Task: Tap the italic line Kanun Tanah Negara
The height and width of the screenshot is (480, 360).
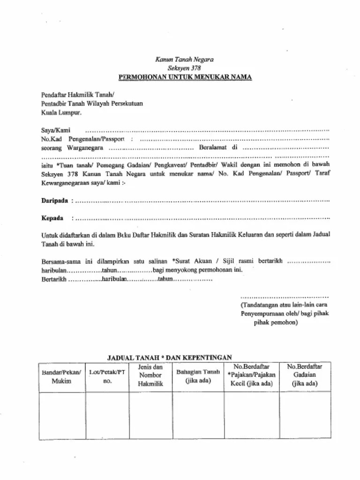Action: [x=185, y=60]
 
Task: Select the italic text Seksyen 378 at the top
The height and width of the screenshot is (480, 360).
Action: [x=185, y=67]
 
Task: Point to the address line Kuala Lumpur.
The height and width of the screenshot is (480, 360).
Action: [x=61, y=112]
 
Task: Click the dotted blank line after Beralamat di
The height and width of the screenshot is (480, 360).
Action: [x=286, y=148]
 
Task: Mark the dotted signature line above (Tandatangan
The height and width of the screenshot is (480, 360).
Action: [x=284, y=297]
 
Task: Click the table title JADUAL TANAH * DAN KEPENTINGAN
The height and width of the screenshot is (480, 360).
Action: [x=170, y=357]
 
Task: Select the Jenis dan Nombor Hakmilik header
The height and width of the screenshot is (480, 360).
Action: [x=150, y=375]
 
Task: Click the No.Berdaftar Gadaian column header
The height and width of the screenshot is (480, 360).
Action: [x=305, y=375]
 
